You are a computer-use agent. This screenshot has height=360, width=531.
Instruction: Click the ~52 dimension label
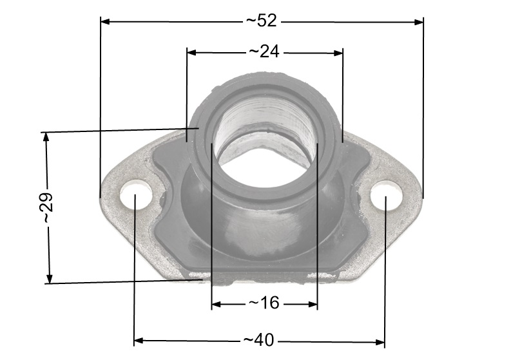pos(262,21)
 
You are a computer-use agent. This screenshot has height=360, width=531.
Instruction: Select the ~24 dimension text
pos(264,52)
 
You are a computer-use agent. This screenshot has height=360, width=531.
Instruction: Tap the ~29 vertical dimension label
pos(46,208)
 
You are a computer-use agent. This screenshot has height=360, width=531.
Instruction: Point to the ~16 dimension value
pos(264,303)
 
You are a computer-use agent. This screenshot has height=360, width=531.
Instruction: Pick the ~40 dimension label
pos(258,340)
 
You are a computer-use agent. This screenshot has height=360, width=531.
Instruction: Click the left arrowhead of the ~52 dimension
pos(105,21)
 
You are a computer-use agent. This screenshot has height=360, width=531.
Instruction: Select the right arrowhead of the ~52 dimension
pos(419,22)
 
